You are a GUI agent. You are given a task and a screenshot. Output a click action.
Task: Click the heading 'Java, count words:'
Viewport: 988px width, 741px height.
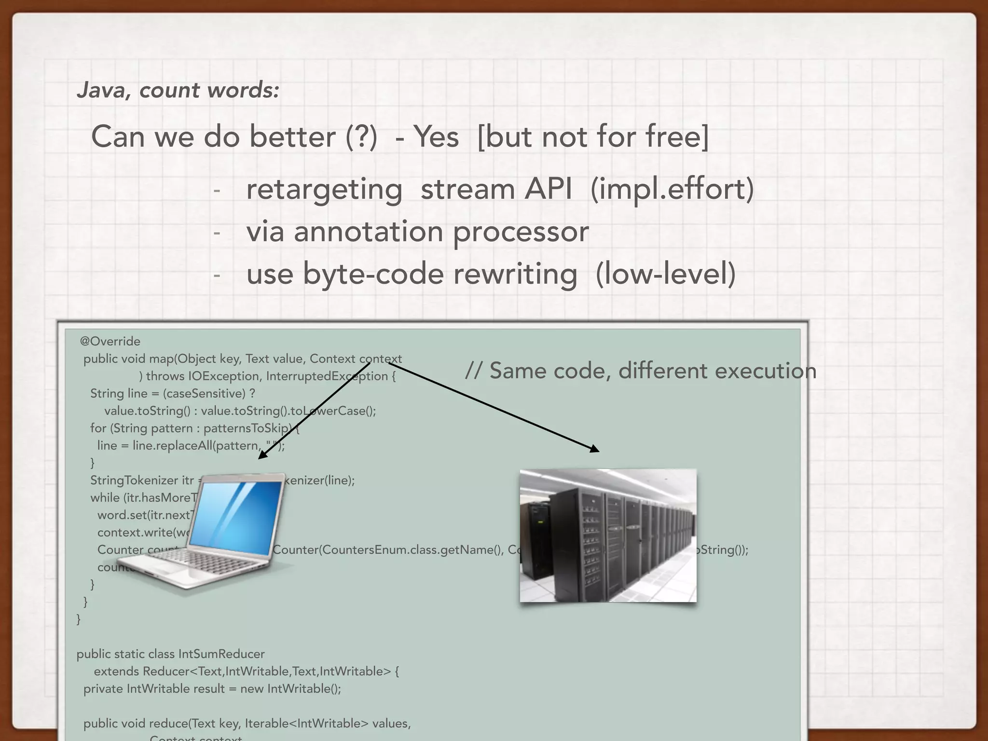(x=178, y=90)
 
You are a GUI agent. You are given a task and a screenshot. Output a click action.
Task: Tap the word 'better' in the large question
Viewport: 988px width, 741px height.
(x=292, y=137)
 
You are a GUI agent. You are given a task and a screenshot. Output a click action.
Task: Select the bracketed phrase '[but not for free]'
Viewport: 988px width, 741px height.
(x=593, y=137)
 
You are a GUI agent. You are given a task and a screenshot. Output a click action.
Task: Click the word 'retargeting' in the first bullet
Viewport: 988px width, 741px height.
(x=324, y=189)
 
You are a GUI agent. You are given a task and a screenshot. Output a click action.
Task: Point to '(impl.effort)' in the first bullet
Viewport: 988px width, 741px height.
(x=672, y=189)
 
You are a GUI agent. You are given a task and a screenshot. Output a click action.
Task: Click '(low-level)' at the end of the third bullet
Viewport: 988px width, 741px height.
(x=666, y=274)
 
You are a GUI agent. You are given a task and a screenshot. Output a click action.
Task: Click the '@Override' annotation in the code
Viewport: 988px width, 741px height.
(x=110, y=342)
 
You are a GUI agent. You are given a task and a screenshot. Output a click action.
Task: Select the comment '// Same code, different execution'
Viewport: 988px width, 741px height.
(x=640, y=371)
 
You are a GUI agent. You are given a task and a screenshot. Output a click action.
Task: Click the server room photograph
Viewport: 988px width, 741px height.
(x=608, y=535)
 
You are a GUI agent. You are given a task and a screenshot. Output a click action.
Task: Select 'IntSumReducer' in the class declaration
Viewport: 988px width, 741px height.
(x=221, y=654)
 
